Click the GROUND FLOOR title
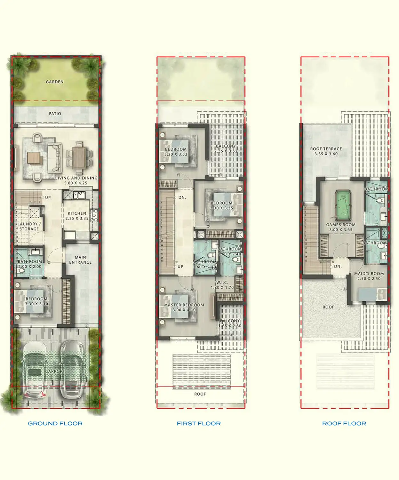[x=55, y=423]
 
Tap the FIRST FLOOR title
[x=199, y=423]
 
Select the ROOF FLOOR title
[x=344, y=423]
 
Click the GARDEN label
[x=55, y=82]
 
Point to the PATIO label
[x=55, y=114]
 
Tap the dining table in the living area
[x=79, y=157]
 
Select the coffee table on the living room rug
[x=34, y=157]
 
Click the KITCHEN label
[x=77, y=213]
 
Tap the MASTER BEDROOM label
[x=184, y=305]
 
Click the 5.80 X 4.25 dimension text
[x=76, y=183]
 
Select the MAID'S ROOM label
[x=369, y=274]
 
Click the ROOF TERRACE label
[x=326, y=149]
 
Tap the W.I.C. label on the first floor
[x=222, y=283]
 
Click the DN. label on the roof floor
[x=338, y=266]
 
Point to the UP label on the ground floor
[x=48, y=197]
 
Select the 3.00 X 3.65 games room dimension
[x=341, y=230]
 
